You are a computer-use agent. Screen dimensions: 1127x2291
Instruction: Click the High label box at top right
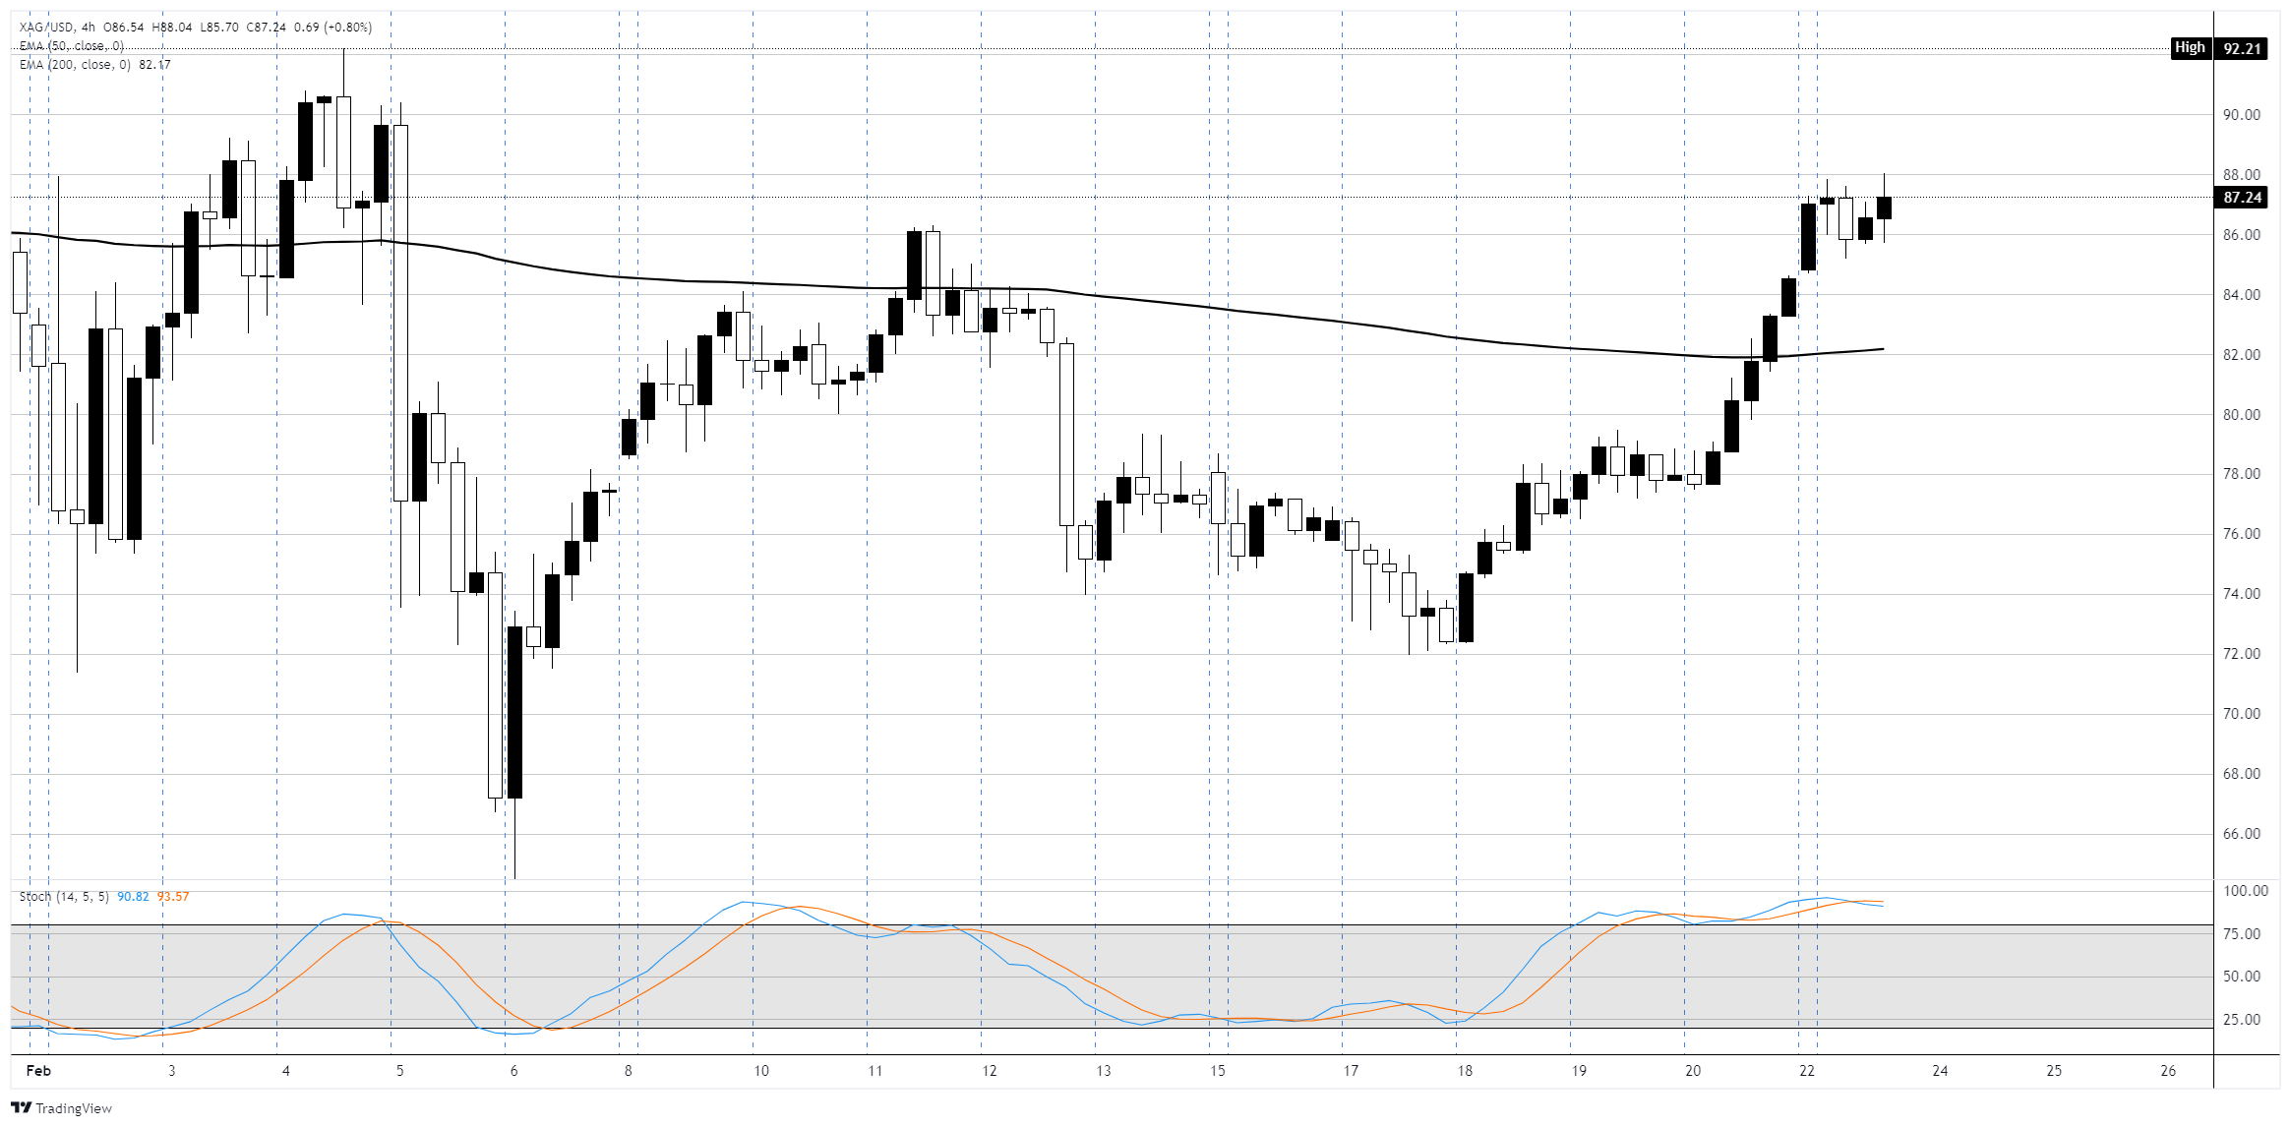pos(2190,48)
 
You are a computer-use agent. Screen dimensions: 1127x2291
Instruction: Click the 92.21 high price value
pos(2242,48)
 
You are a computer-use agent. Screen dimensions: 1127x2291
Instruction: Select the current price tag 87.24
pos(2242,198)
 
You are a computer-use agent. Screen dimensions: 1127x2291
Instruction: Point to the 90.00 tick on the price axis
pos(2242,115)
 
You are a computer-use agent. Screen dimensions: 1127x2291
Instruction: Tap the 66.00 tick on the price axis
pos(2242,834)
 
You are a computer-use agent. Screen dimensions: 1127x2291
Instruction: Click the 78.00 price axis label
pos(2242,474)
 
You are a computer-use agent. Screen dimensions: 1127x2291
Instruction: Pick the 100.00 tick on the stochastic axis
pos(2246,891)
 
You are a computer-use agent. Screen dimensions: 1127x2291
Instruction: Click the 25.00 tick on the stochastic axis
pos(2242,1020)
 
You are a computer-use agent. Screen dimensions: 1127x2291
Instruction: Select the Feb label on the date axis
pos(38,1071)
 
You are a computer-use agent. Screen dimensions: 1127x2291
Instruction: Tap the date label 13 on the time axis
pos(1103,1071)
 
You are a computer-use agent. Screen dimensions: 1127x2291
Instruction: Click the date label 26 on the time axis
pos(2168,1071)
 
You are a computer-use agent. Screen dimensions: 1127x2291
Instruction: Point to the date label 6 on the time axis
pos(513,1071)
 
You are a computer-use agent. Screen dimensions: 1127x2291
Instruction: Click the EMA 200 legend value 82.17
pos(154,65)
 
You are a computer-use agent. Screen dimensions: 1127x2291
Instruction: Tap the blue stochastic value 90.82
pos(133,897)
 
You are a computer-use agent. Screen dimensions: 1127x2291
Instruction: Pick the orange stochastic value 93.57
pos(173,897)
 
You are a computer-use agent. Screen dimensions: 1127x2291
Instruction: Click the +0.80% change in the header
pos(348,28)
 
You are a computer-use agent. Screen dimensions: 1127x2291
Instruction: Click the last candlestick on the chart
pos(1884,208)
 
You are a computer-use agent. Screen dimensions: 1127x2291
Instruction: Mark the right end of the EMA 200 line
pos(1883,349)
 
